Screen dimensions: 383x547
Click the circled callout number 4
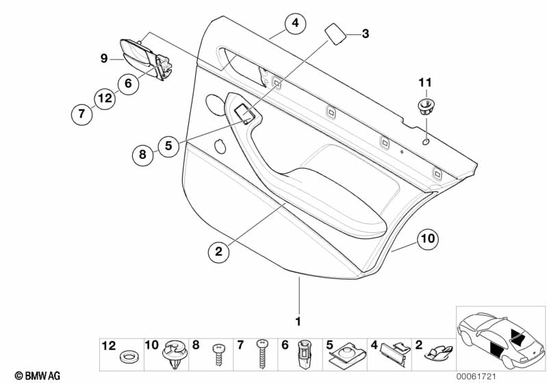point(294,25)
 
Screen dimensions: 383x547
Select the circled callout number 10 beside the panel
point(427,239)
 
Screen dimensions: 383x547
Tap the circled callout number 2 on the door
point(219,252)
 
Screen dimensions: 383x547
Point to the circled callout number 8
point(142,155)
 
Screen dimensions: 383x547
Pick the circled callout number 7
point(81,114)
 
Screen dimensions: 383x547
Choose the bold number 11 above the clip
point(424,83)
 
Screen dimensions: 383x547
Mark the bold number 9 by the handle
point(104,60)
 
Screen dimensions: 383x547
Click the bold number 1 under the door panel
point(298,321)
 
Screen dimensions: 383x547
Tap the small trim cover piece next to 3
point(334,33)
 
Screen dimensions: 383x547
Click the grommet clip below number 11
point(425,106)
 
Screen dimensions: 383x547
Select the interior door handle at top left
point(141,55)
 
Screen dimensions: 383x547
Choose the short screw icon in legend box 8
point(218,354)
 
